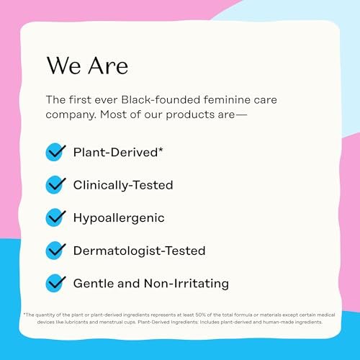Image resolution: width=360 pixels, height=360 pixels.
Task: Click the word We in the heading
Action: coord(63,66)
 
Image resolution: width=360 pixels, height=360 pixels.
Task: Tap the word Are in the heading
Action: coord(108,66)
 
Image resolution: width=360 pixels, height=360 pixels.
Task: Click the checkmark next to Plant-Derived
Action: coord(55,152)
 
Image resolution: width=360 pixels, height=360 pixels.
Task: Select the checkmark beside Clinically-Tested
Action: coord(55,185)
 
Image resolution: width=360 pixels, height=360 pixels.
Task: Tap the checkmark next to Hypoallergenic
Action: coord(55,217)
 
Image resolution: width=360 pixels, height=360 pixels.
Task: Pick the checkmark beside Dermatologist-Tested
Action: coord(55,251)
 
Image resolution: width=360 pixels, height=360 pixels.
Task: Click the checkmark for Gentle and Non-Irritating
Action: coord(55,283)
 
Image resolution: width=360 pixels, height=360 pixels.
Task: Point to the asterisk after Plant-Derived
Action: coord(161,150)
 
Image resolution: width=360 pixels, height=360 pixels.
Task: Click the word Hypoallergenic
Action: coord(119,218)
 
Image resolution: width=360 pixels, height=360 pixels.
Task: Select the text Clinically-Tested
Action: coord(123,186)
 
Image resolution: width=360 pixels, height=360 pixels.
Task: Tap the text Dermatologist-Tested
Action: coord(139,251)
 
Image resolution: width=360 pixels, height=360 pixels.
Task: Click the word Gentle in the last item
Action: coord(94,284)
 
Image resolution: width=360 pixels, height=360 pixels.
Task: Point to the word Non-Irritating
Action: coord(186,284)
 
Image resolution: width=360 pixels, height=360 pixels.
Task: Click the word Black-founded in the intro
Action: coord(161,99)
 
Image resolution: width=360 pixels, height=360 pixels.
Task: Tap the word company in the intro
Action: coord(71,115)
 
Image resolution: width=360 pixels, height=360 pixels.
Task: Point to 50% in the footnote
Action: coord(200,315)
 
